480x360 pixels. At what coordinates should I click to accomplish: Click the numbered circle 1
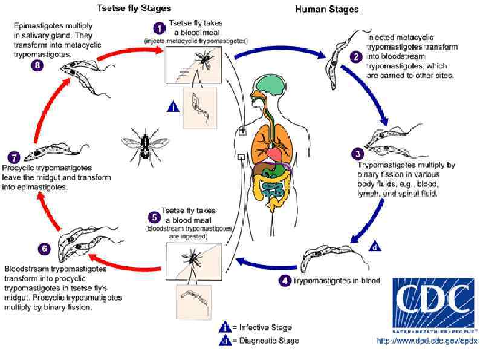158,28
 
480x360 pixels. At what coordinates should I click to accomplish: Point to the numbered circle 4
285,280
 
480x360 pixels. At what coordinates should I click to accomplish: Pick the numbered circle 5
155,217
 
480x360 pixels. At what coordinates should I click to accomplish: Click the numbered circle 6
42,249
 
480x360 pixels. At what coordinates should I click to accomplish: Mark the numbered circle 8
36,65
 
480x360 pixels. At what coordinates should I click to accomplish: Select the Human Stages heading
326,9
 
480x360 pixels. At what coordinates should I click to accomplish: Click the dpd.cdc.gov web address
427,341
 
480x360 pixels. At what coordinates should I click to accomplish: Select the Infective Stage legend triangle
225,327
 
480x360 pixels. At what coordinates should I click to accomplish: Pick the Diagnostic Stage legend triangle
225,341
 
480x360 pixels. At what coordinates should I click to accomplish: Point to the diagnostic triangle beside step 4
375,246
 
